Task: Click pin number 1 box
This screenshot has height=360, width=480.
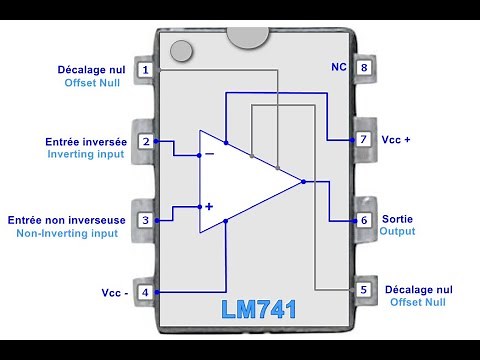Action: [146, 70]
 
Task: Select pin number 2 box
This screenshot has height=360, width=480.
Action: [146, 141]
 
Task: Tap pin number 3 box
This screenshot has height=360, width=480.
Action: [146, 219]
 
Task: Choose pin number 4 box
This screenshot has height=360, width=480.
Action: [146, 292]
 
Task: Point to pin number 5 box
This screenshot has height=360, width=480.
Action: [364, 290]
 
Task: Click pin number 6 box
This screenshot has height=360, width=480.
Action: [364, 219]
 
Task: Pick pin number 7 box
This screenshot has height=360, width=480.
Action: [364, 141]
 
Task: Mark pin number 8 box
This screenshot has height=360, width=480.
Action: [364, 69]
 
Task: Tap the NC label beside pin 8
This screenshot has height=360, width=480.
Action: [338, 68]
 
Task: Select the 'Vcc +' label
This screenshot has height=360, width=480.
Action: [396, 141]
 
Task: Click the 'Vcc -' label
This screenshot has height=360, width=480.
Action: [114, 293]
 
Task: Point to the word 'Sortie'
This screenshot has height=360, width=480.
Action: [397, 218]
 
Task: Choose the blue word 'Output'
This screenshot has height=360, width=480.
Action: [397, 231]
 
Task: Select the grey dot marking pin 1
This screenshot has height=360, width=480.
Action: [181, 51]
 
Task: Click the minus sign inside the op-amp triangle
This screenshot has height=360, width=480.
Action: [209, 154]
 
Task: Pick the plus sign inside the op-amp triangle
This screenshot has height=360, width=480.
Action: [209, 206]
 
